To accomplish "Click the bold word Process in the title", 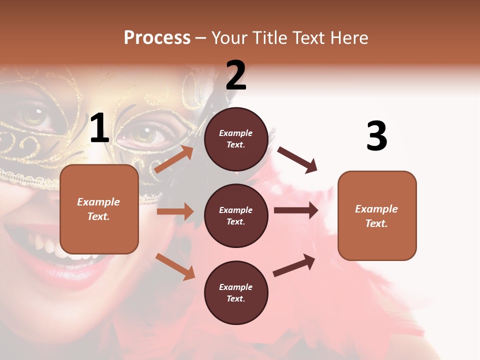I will click(x=157, y=37).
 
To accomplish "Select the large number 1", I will click(x=99, y=128).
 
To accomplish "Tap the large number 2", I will click(x=236, y=75).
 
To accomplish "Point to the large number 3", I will click(x=376, y=136).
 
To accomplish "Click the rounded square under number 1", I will click(x=99, y=209).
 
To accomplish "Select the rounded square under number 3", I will click(x=377, y=215).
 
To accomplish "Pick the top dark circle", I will click(x=236, y=139).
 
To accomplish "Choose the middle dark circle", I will click(x=236, y=215).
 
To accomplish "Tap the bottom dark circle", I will click(x=236, y=292).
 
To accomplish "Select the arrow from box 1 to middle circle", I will click(x=175, y=211).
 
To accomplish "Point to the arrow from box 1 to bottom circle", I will click(x=175, y=266).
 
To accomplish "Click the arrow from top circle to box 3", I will click(x=297, y=160).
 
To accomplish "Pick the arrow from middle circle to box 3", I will click(x=296, y=210).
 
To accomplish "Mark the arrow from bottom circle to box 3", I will click(x=294, y=265).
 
